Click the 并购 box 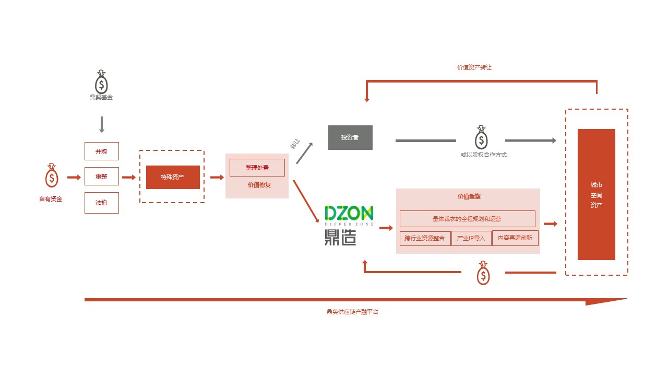(101, 151)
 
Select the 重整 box (101, 177)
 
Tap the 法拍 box (101, 203)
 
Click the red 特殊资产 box (173, 177)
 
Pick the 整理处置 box (257, 168)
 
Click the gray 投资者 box (350, 137)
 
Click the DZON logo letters (349, 213)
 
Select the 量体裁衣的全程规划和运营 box (467, 219)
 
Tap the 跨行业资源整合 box (425, 238)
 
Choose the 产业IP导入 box (471, 238)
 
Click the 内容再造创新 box (515, 238)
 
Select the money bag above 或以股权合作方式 (481, 137)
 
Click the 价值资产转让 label (474, 67)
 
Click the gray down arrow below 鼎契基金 (102, 124)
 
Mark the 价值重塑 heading (469, 197)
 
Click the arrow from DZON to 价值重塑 (386, 228)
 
